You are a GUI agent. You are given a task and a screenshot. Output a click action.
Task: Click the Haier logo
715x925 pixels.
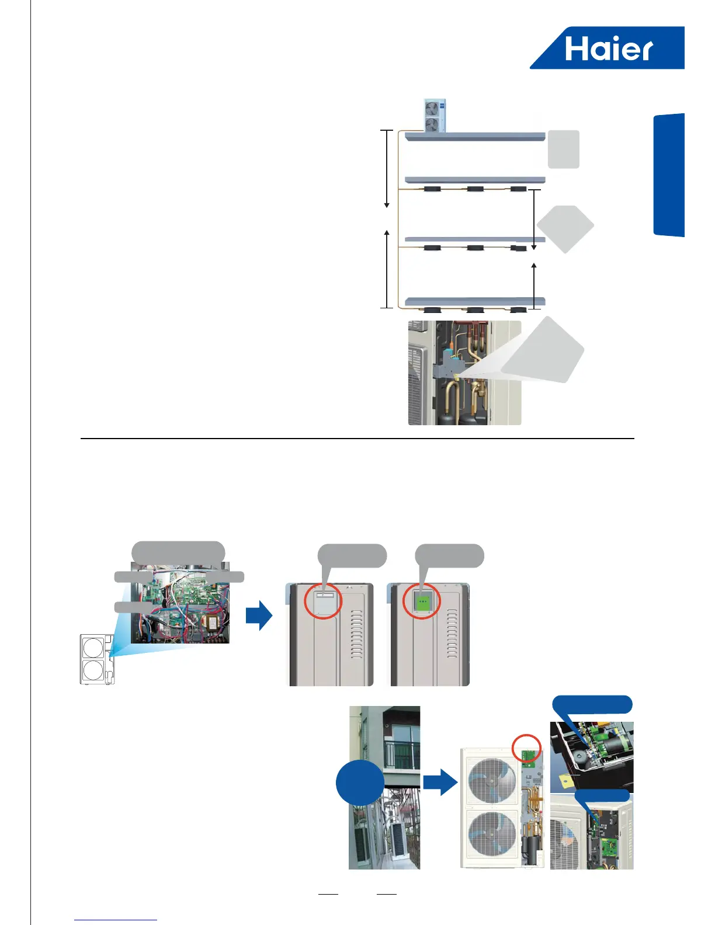click(x=608, y=48)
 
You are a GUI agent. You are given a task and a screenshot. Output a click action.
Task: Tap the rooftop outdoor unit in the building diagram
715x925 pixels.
click(x=433, y=116)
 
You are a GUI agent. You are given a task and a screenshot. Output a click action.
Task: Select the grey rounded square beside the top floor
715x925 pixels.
click(x=563, y=149)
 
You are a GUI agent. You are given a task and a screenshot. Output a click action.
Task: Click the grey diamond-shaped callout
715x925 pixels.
click(x=565, y=229)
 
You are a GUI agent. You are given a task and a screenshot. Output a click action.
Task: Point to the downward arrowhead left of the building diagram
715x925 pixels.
click(x=387, y=206)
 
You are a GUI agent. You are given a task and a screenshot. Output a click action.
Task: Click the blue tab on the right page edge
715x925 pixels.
click(x=669, y=175)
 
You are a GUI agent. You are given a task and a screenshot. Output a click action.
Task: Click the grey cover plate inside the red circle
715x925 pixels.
click(x=323, y=601)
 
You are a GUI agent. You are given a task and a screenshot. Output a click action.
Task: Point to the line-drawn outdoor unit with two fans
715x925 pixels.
click(x=97, y=659)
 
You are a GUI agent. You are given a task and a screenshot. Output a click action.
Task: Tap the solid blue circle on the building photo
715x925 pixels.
click(x=360, y=783)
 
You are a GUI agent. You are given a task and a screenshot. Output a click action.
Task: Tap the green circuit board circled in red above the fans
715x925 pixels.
click(x=529, y=755)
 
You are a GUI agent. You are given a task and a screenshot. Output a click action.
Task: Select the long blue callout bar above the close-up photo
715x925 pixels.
click(x=592, y=704)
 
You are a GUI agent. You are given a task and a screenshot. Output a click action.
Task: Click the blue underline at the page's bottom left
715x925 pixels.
click(x=116, y=920)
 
